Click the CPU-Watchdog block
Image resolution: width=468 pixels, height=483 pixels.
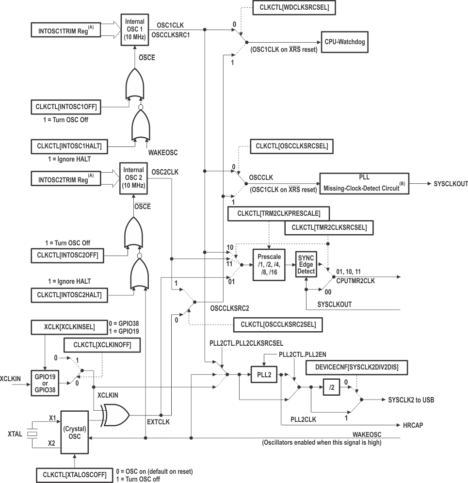[344, 42]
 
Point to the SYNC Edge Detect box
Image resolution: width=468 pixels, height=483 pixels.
[306, 264]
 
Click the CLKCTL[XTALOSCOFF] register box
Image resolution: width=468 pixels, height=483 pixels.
[74, 474]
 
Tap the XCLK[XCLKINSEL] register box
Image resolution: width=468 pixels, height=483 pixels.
[69, 327]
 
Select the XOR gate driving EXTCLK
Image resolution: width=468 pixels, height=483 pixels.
[115, 415]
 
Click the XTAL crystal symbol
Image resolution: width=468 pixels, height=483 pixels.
[32, 434]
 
